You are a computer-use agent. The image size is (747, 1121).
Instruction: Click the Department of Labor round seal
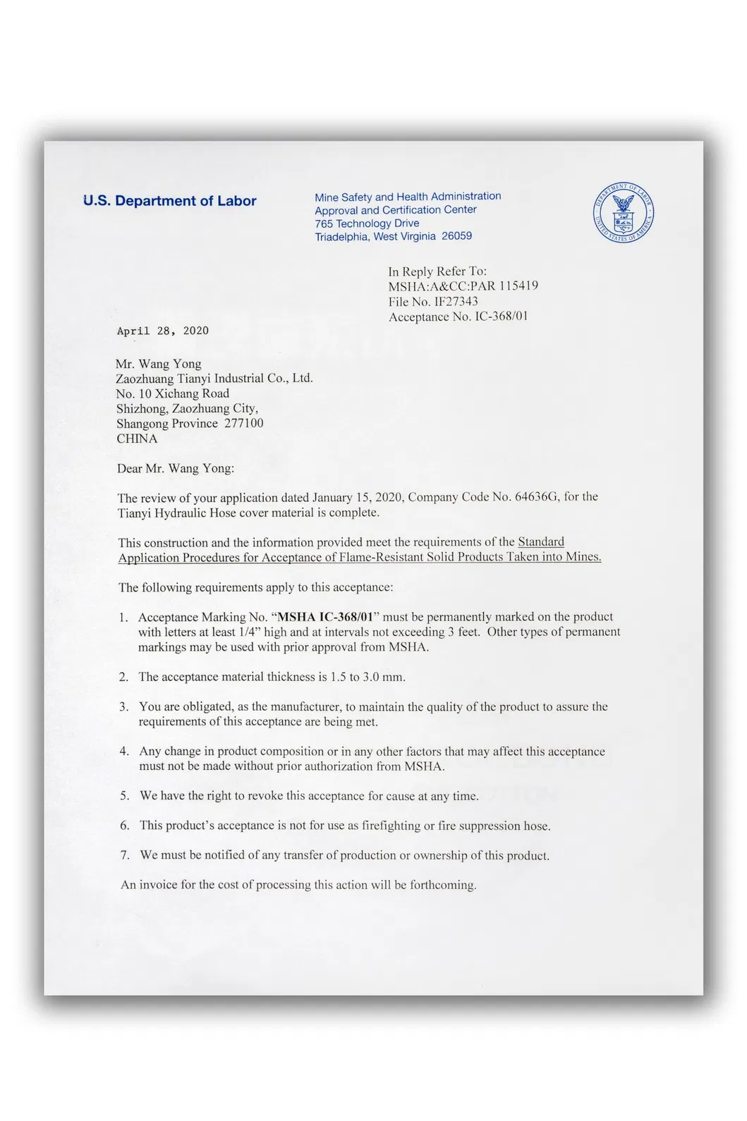pos(624,213)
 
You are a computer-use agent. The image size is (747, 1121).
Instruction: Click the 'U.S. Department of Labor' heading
pos(169,201)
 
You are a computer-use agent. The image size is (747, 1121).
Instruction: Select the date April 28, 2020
pos(163,331)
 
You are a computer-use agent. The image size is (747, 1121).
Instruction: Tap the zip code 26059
pos(456,236)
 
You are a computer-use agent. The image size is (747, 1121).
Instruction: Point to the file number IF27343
pos(456,302)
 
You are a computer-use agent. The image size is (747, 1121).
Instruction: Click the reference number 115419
pos(518,286)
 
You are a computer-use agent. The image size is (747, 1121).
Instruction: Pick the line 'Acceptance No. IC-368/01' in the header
pos(458,317)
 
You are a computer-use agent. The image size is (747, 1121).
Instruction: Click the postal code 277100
pos(243,423)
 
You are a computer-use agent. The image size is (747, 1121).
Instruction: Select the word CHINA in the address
pos(137,439)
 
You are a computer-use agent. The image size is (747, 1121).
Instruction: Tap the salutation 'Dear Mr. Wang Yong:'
pos(176,468)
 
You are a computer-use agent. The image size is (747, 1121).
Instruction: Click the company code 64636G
pos(538,497)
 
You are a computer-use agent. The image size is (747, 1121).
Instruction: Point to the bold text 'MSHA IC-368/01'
pos(325,617)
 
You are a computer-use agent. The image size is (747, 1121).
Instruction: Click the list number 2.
pos(123,677)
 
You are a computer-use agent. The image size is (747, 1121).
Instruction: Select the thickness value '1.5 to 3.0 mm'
pos(368,677)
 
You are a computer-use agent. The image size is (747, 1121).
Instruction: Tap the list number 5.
pos(124,796)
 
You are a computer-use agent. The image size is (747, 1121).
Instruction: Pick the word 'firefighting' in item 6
pos(391,826)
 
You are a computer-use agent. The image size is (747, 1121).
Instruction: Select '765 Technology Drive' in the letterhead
pos(367,223)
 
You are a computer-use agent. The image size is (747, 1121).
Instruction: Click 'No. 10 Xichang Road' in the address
pos(173,393)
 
